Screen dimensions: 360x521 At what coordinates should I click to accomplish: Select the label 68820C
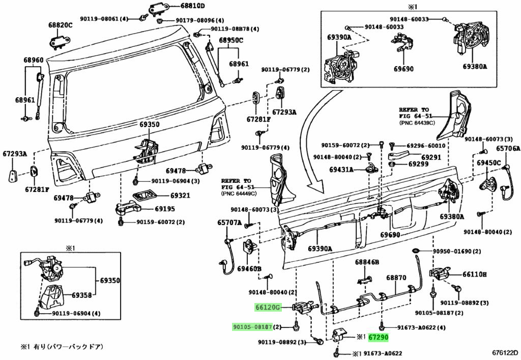pyautogui.click(x=61, y=25)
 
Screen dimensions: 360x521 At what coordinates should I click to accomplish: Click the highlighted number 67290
pyautogui.click(x=379, y=337)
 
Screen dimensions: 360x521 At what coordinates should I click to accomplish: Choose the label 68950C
pyautogui.click(x=231, y=40)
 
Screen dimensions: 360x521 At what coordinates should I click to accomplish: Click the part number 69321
pyautogui.click(x=180, y=195)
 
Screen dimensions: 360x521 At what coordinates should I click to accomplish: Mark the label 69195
pyautogui.click(x=164, y=209)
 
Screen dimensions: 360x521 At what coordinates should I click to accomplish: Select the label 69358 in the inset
pyautogui.click(x=81, y=295)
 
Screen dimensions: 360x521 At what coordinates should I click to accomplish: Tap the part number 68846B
pyautogui.click(x=367, y=262)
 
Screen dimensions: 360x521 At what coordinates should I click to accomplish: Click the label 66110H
pyautogui.click(x=474, y=274)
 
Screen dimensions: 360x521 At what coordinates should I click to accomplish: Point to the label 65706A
pyautogui.click(x=508, y=149)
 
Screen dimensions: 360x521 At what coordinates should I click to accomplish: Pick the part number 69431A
pyautogui.click(x=341, y=169)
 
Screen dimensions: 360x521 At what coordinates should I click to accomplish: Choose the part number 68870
pyautogui.click(x=396, y=278)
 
